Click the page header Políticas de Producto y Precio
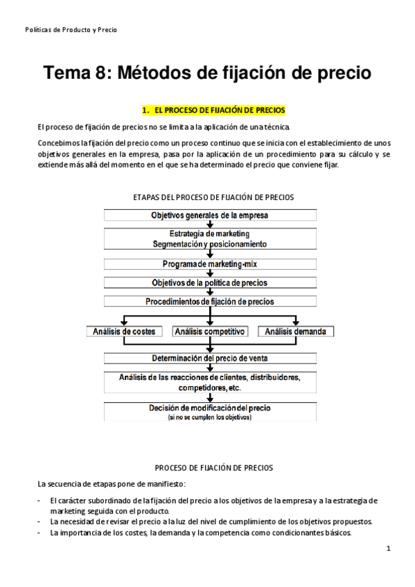(x=71, y=30)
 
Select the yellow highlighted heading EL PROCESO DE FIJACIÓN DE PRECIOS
(x=213, y=110)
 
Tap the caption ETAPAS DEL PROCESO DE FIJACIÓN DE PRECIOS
(x=213, y=197)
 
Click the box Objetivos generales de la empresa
(x=210, y=215)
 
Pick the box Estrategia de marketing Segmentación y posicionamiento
(x=210, y=239)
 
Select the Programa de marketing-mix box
(x=210, y=264)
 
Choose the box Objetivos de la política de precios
(x=210, y=282)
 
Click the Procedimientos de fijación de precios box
(x=210, y=301)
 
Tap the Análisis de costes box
(x=124, y=332)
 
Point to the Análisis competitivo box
(x=210, y=332)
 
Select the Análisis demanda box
(x=295, y=332)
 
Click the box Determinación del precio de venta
(x=210, y=358)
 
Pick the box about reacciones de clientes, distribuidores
(x=210, y=383)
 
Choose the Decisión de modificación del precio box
(x=210, y=408)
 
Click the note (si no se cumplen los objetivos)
(x=210, y=417)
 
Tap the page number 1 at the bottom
(x=389, y=548)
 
